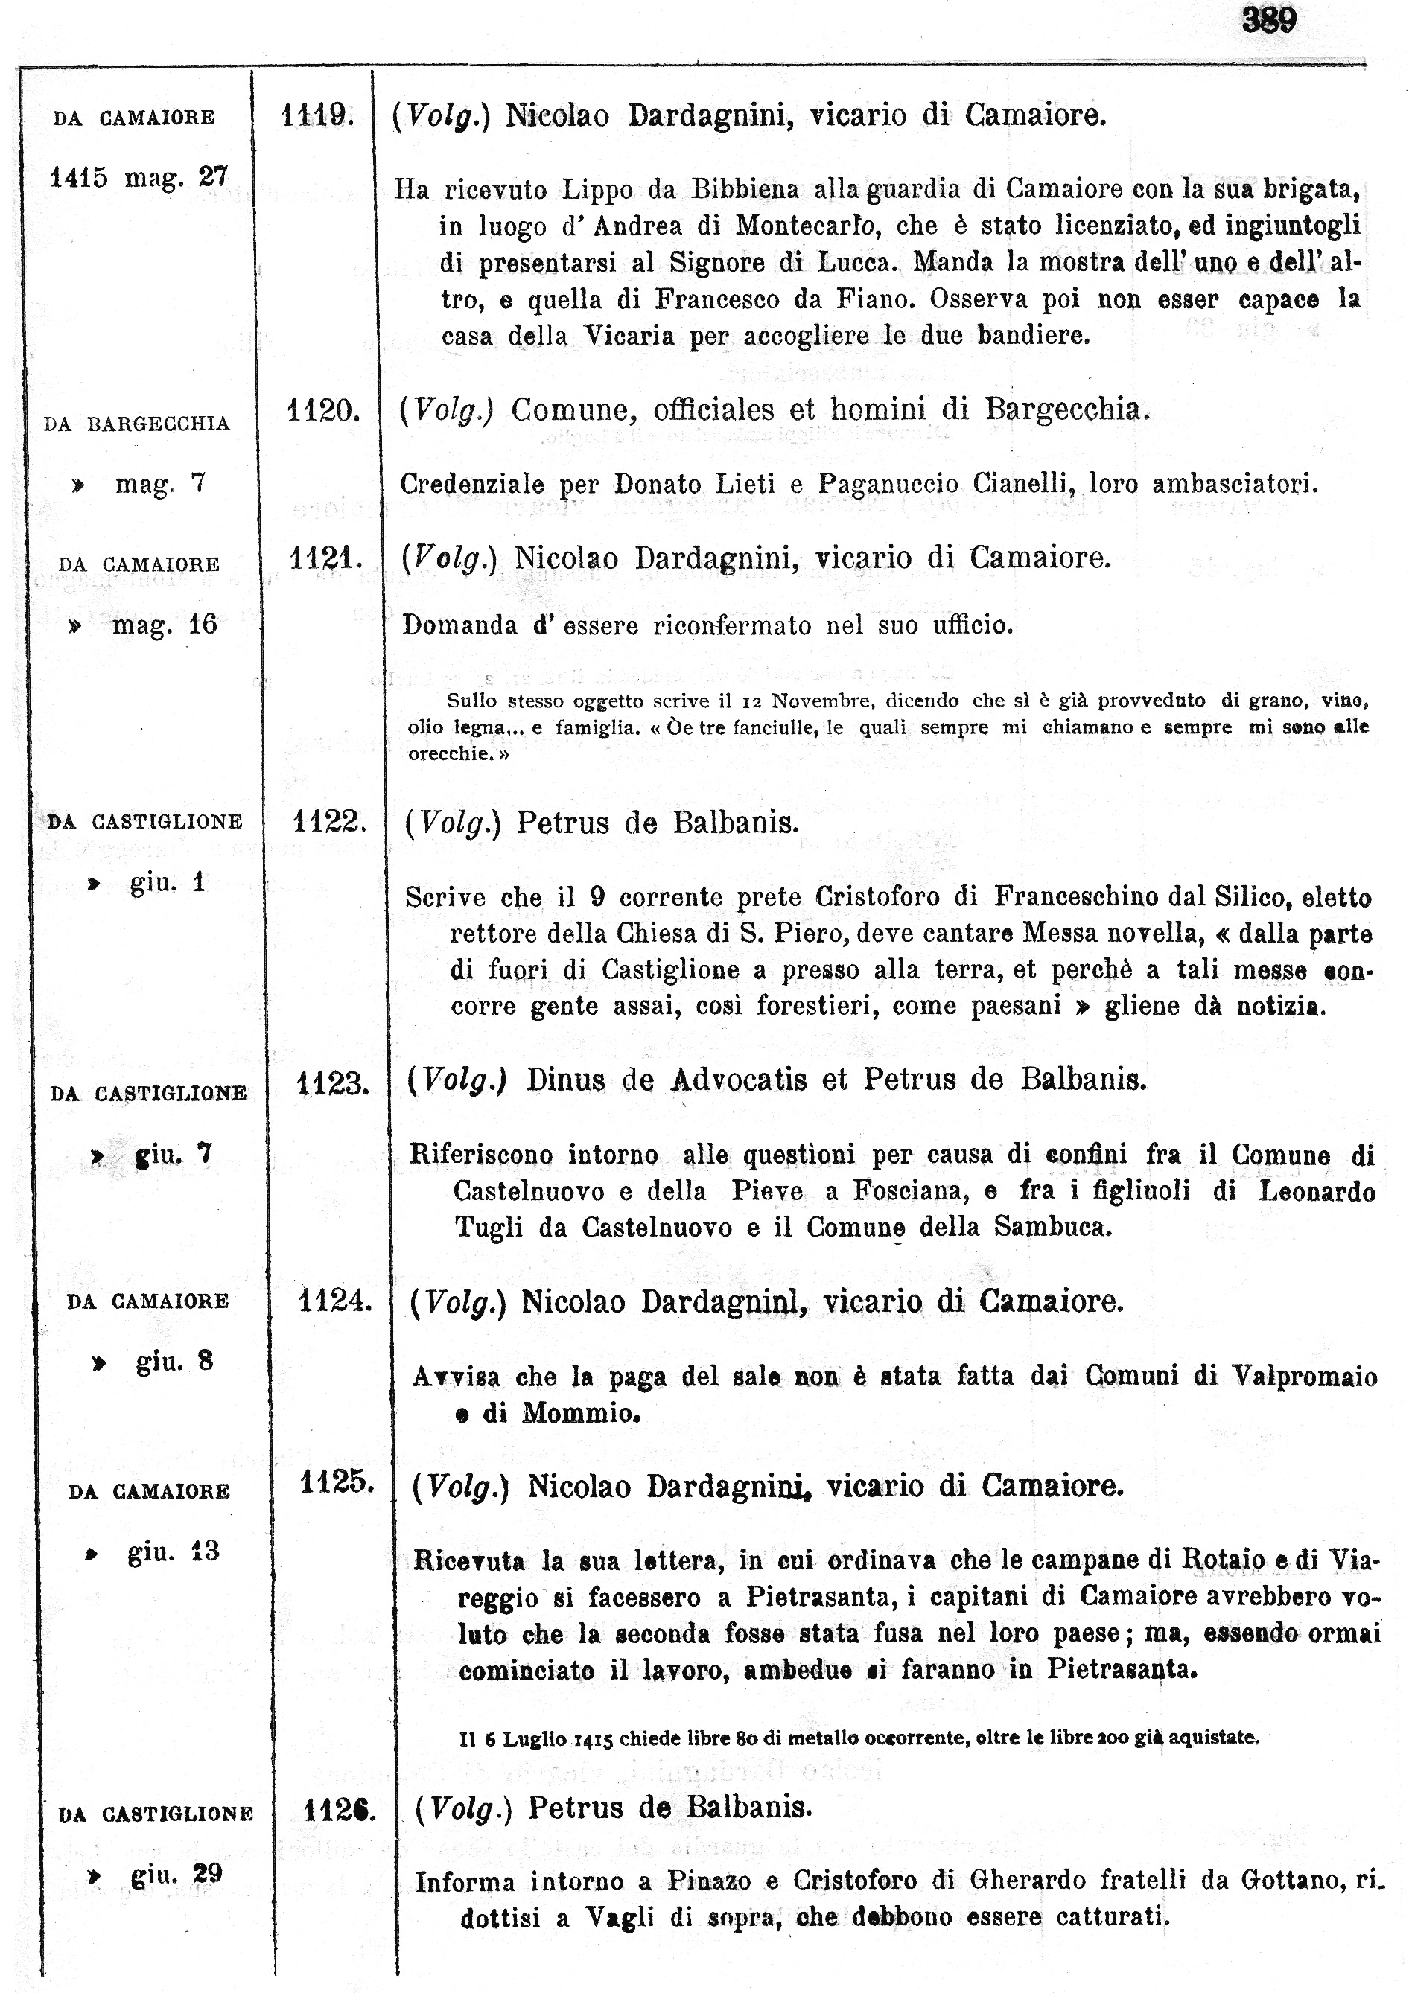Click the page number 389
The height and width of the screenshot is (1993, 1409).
click(1268, 21)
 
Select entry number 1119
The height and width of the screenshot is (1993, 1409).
click(316, 115)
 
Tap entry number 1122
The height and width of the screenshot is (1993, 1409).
click(328, 821)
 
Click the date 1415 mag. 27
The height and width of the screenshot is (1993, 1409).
click(139, 178)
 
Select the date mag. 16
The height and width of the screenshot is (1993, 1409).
click(164, 625)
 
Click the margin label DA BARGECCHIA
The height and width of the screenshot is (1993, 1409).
click(136, 424)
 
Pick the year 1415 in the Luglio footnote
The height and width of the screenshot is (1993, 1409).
click(593, 1738)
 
